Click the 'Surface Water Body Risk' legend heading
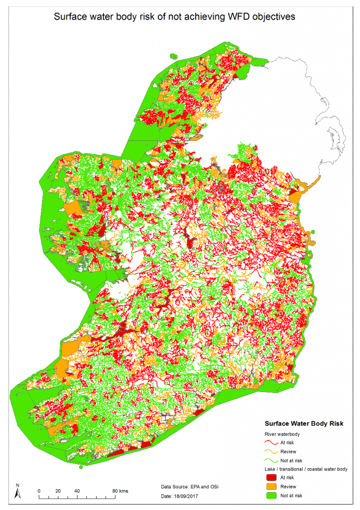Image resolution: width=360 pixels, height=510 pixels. (x=304, y=424)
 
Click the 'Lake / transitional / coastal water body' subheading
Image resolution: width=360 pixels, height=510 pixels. (x=306, y=469)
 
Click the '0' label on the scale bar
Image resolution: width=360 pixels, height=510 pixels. (x=39, y=491)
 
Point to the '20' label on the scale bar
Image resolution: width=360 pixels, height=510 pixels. (x=58, y=491)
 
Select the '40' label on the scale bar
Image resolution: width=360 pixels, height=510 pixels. (x=77, y=491)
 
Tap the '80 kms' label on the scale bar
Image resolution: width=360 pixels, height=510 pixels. (x=120, y=491)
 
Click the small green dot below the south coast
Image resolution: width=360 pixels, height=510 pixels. (x=81, y=467)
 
